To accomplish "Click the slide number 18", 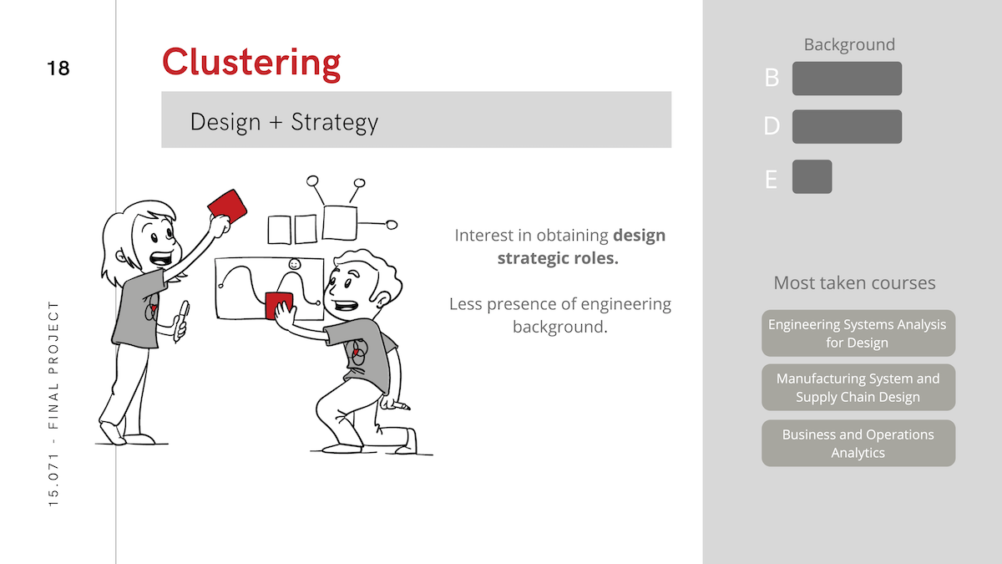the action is click(58, 69).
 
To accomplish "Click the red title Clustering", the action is click(251, 64).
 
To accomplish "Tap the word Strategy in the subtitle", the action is click(335, 122).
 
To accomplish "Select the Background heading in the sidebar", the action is click(849, 44).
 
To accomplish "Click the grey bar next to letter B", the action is click(847, 79).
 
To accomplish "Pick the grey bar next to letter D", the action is click(847, 127).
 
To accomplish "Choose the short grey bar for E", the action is click(812, 177).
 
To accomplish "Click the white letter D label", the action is click(772, 126).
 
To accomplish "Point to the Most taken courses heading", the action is click(854, 283).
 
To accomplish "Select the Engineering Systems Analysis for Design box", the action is click(858, 333).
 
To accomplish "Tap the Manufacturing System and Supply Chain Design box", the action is click(858, 387).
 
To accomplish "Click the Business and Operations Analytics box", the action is click(858, 443).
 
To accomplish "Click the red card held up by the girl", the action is click(228, 206).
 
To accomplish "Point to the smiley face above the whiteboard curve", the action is click(294, 265).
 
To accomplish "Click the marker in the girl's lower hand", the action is click(181, 321).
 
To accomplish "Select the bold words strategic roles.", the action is click(558, 258).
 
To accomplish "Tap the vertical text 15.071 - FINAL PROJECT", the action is click(53, 404).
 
